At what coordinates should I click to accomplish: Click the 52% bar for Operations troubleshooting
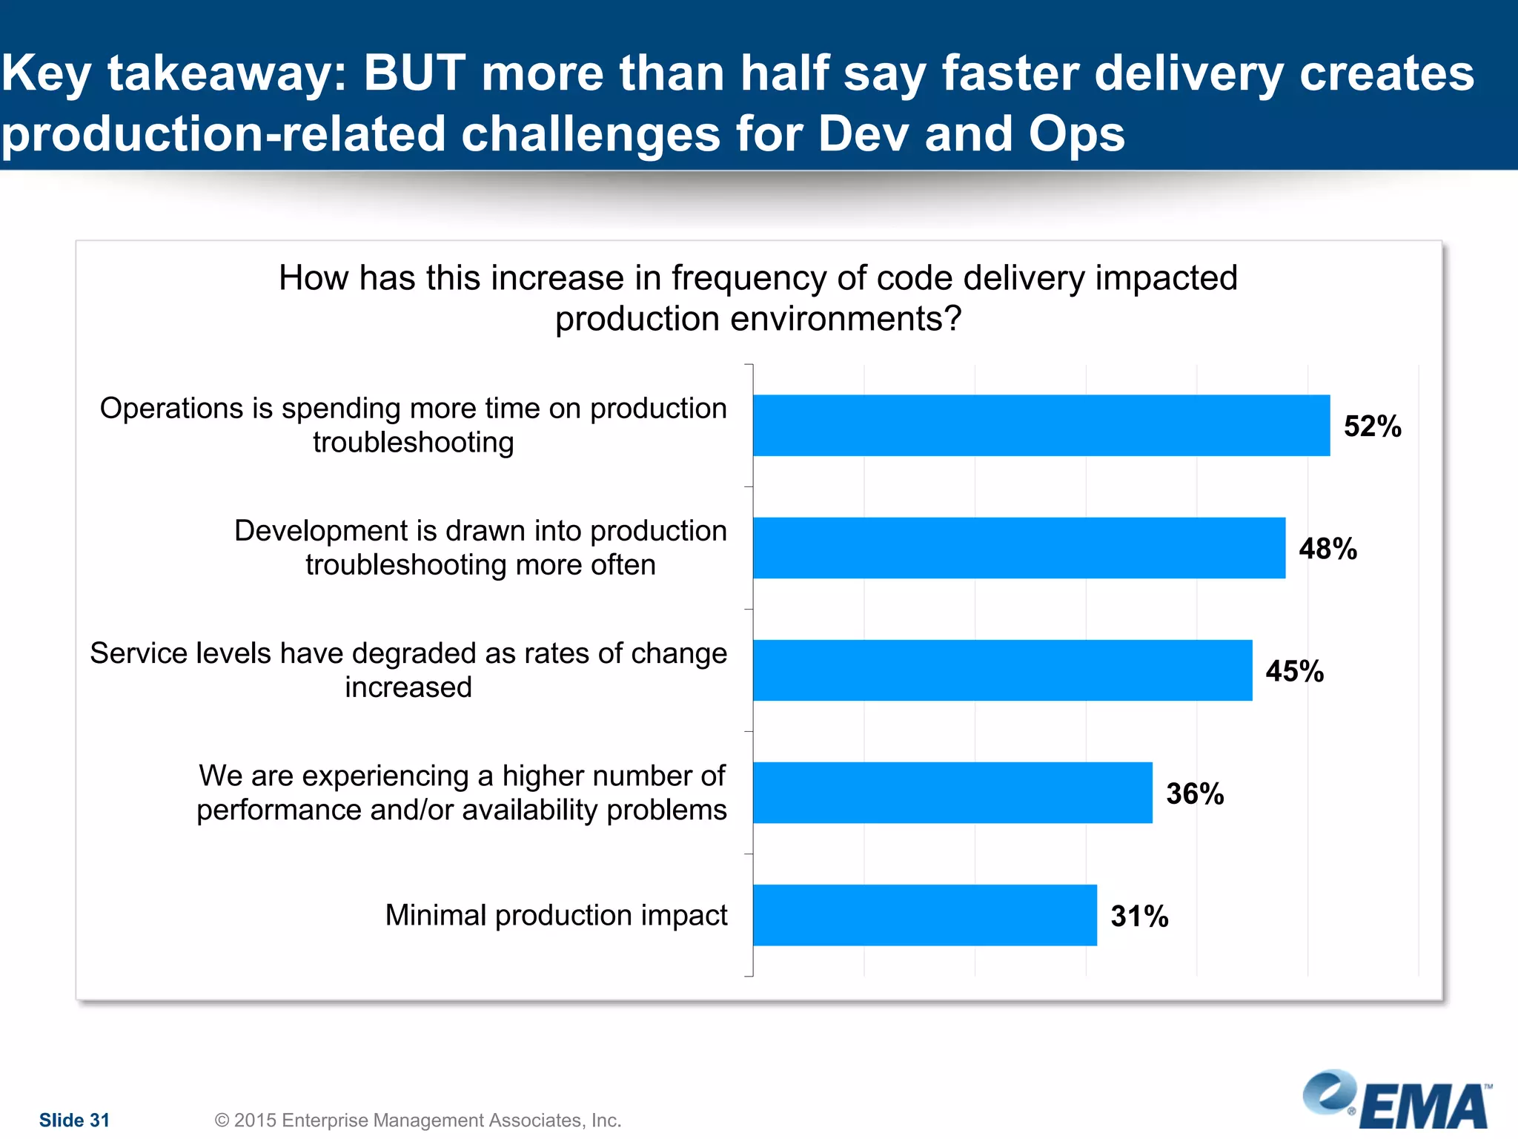(x=1041, y=426)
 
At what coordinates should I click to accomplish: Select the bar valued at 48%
(x=1018, y=548)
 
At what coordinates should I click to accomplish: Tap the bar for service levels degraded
(x=1002, y=670)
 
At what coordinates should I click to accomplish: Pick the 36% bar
(x=952, y=793)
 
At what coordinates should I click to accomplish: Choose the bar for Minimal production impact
(x=924, y=915)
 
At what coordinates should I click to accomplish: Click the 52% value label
(x=1372, y=426)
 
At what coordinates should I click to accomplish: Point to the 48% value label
(x=1328, y=549)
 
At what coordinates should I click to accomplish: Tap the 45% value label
(x=1294, y=671)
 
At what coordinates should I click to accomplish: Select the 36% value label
(x=1195, y=793)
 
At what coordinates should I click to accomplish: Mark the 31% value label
(x=1139, y=916)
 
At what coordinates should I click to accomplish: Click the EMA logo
(x=1398, y=1100)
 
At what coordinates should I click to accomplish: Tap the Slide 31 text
(x=74, y=1120)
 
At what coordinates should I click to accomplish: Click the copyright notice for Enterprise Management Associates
(x=417, y=1120)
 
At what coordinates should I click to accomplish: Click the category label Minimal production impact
(x=556, y=915)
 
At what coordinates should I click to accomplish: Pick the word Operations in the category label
(x=186, y=409)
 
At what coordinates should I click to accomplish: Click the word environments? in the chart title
(x=846, y=320)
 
